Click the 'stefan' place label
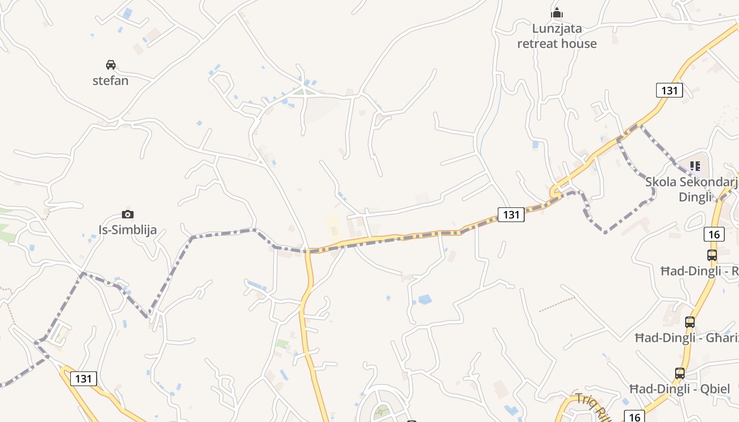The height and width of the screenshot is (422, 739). pos(110,81)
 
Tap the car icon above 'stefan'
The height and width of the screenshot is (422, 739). pos(110,65)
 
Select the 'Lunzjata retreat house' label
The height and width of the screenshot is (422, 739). pos(557,36)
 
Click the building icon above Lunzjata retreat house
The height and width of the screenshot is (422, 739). pos(557,13)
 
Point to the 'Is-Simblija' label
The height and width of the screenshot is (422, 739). pos(128,229)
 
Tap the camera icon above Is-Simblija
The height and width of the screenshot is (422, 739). pos(127,214)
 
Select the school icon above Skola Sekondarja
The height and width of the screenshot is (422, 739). pos(695,166)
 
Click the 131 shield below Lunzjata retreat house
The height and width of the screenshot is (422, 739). pos(669,90)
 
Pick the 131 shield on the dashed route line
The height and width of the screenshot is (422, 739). pos(511,214)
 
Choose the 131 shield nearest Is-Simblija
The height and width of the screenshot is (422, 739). pos(83,378)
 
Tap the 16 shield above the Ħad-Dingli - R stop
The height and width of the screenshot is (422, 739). pos(714,234)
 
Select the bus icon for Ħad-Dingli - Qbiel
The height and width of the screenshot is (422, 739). pos(680,373)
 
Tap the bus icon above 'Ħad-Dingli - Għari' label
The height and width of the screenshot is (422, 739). pos(689,322)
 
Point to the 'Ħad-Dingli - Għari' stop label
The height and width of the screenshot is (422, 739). pos(687,338)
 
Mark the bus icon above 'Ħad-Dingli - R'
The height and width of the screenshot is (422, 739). pos(712,255)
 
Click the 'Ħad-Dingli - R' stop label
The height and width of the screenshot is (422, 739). pos(699,271)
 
